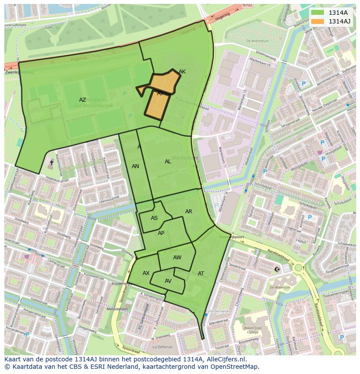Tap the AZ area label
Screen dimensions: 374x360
click(x=83, y=100)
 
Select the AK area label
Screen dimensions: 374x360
click(x=182, y=72)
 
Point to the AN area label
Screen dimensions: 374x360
click(x=135, y=166)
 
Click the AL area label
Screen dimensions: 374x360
click(x=168, y=162)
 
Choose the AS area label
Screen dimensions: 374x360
click(x=154, y=218)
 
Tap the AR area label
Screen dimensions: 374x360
click(x=189, y=212)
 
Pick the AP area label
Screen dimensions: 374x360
click(x=161, y=233)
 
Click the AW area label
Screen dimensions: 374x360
click(x=177, y=258)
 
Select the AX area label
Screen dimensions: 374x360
click(x=146, y=273)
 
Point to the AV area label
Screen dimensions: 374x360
click(x=168, y=281)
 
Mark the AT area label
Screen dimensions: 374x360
click(x=201, y=274)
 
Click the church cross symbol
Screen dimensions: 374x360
click(x=51, y=162)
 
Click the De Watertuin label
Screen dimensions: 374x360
click(x=280, y=288)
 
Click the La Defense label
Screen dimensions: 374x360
click(x=162, y=347)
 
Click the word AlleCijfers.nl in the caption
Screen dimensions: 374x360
click(x=226, y=360)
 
